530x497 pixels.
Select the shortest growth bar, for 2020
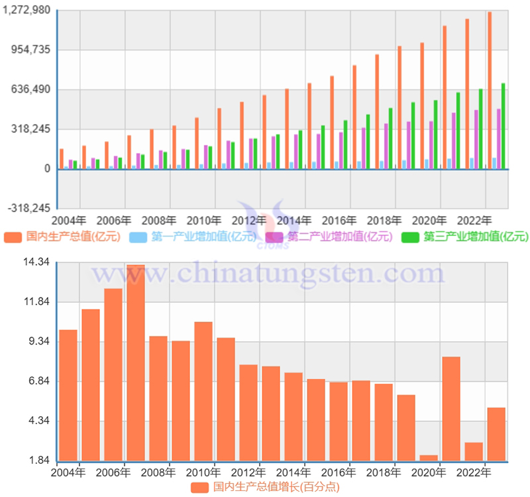429,458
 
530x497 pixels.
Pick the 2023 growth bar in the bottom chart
496,434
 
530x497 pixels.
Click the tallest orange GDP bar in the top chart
490,90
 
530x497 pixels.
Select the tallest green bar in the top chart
503,126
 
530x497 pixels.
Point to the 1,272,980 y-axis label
28,10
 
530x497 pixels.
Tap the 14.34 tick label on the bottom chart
36,262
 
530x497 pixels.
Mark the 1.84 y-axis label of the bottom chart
38,461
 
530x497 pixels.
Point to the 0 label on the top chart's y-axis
48,169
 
